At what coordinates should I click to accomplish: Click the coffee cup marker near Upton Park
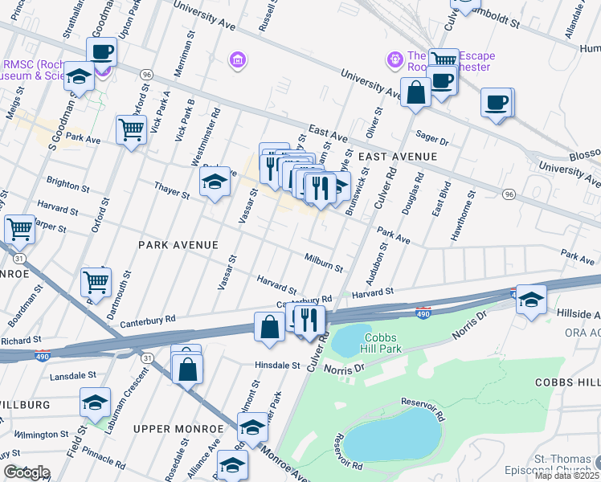click(x=101, y=53)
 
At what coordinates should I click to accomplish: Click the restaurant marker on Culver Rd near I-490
click(x=309, y=321)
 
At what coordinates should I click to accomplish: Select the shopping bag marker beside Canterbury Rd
click(x=269, y=326)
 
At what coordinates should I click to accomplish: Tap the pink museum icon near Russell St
click(x=236, y=59)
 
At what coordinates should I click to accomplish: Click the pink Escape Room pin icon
click(x=395, y=59)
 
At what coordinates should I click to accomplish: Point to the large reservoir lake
click(x=393, y=439)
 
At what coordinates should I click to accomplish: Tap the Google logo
click(x=27, y=472)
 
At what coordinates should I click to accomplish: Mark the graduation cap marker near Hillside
click(x=531, y=300)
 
